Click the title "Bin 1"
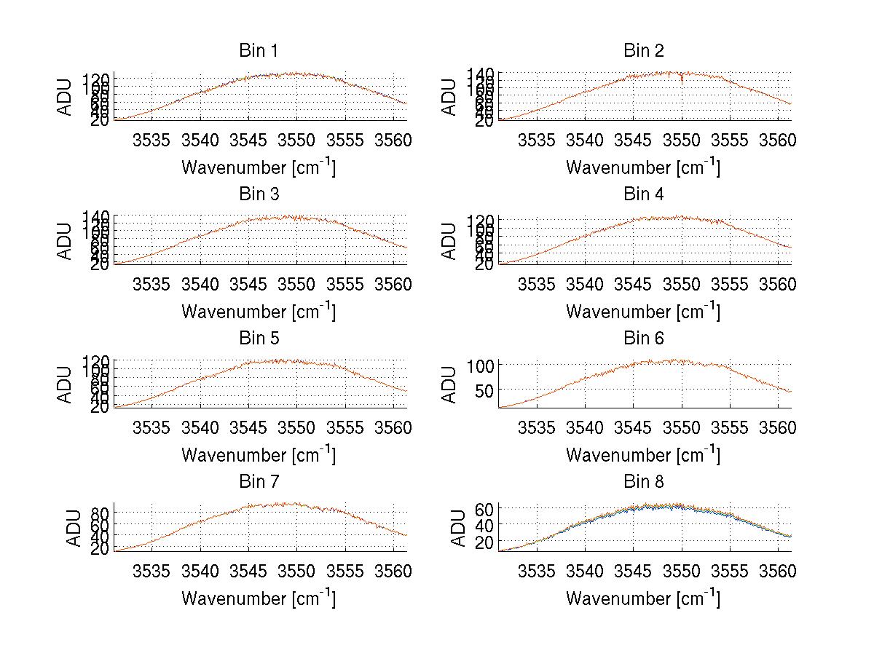tap(258, 51)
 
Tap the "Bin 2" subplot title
tap(643, 51)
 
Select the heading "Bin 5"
tap(258, 339)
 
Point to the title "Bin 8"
tap(643, 482)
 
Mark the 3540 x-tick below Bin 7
tap(201, 572)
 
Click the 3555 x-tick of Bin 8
tap(730, 572)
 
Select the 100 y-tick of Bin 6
tap(484, 365)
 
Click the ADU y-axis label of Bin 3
tap(66, 241)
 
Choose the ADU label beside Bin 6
tap(450, 384)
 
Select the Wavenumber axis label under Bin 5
tap(258, 454)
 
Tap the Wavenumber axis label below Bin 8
tap(643, 598)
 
